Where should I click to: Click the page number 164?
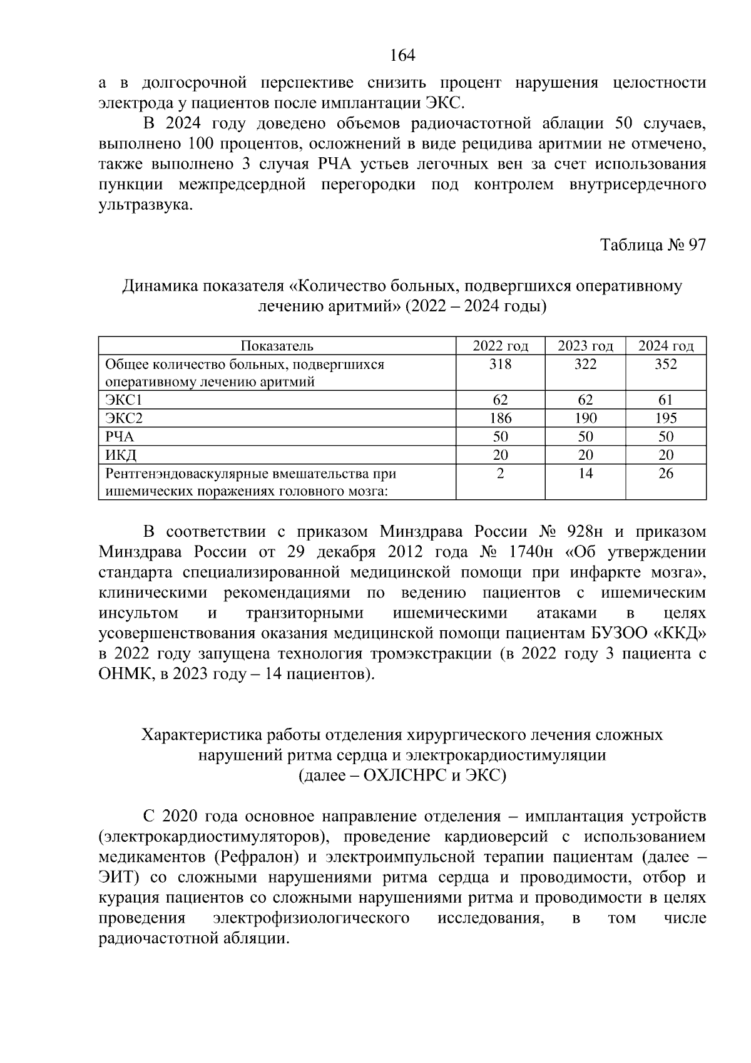402,56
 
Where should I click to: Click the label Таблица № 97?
653,245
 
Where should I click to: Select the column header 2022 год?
500,346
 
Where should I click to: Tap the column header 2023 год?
585,346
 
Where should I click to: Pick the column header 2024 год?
666,346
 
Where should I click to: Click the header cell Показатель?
277,346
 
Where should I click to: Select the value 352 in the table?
666,365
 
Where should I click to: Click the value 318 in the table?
500,365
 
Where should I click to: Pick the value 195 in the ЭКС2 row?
666,418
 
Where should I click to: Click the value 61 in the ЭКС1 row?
666,400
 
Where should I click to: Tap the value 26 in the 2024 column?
666,474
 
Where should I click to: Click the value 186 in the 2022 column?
500,418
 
